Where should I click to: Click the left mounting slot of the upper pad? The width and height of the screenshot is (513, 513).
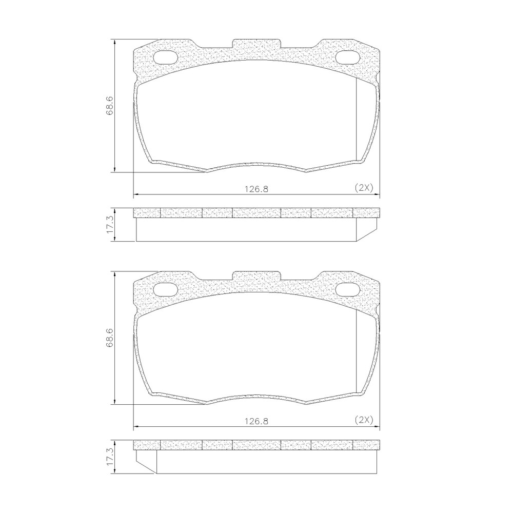(x=165, y=58)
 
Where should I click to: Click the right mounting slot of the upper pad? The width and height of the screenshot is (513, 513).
(x=348, y=58)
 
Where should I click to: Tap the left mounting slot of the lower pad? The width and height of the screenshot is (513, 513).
(x=165, y=290)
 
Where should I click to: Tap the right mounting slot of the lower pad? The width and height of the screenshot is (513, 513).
(x=348, y=290)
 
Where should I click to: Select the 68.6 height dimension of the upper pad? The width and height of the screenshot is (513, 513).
(x=109, y=105)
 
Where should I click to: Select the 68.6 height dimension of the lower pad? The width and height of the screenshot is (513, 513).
(x=109, y=338)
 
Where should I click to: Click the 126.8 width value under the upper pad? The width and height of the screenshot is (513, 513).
(x=256, y=189)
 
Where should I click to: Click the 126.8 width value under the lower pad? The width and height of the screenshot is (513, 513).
(x=256, y=421)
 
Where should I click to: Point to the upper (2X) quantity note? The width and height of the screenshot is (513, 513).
(x=364, y=188)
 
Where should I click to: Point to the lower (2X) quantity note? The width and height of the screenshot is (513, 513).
(x=364, y=420)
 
